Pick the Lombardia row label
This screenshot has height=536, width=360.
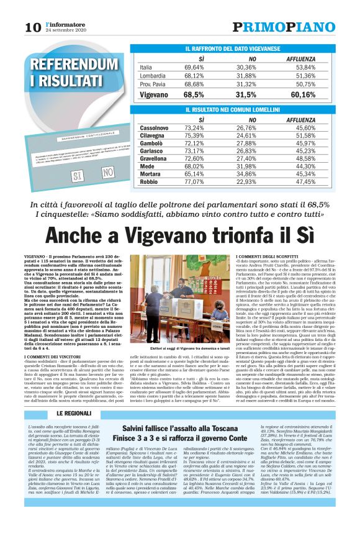155,75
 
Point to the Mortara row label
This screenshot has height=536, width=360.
152,175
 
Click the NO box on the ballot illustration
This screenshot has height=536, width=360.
108,172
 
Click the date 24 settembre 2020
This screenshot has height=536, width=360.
66,30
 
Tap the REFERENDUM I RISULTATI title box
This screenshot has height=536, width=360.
65,72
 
